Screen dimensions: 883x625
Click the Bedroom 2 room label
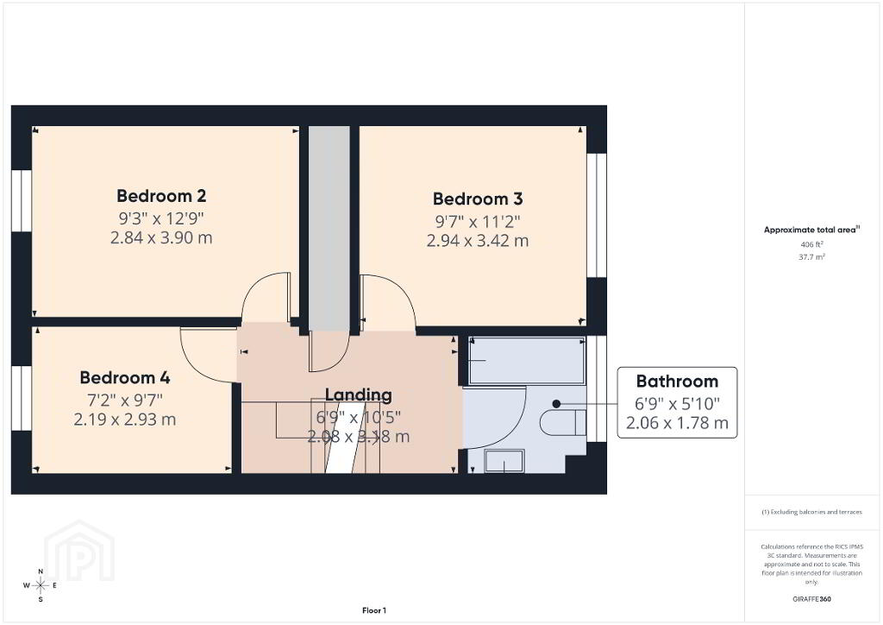(x=161, y=196)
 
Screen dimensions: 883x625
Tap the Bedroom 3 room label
(x=478, y=199)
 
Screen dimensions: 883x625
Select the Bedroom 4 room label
(x=125, y=377)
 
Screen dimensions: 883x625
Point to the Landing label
(x=358, y=395)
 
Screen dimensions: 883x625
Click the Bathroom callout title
(x=677, y=382)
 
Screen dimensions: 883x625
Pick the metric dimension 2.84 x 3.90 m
(x=161, y=237)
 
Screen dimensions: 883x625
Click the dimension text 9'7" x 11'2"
(x=478, y=222)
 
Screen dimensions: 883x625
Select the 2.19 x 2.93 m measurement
(x=125, y=420)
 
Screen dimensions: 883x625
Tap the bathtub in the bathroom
(x=527, y=361)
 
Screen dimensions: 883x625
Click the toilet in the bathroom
(x=563, y=423)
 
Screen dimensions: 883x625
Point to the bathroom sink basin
(x=504, y=461)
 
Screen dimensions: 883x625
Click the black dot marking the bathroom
(x=556, y=404)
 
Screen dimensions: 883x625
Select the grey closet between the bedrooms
(x=329, y=228)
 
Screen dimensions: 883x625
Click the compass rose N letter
(x=41, y=571)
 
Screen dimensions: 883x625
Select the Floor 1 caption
(x=374, y=610)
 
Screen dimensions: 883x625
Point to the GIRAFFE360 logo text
(x=811, y=599)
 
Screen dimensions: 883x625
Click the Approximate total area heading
(x=811, y=230)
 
